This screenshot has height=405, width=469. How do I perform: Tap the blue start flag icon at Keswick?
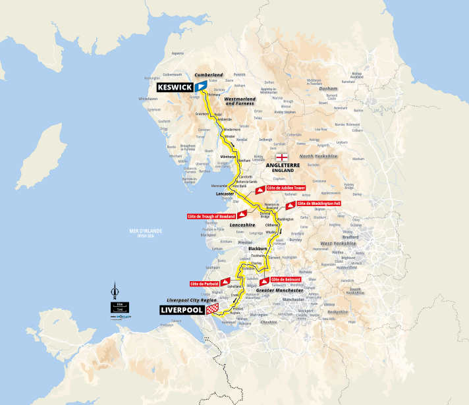coord(200,87)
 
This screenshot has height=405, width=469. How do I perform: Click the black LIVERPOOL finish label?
coord(184,309)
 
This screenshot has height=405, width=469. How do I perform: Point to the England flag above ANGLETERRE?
coord(282,157)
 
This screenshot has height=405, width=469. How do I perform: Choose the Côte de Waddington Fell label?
coord(318,204)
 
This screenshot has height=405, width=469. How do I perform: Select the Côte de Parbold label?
coord(203,283)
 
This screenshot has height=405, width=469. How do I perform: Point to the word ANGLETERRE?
coord(282,165)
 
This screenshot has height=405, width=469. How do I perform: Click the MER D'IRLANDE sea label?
coord(146,230)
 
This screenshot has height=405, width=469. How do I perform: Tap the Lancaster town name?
coord(225,195)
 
